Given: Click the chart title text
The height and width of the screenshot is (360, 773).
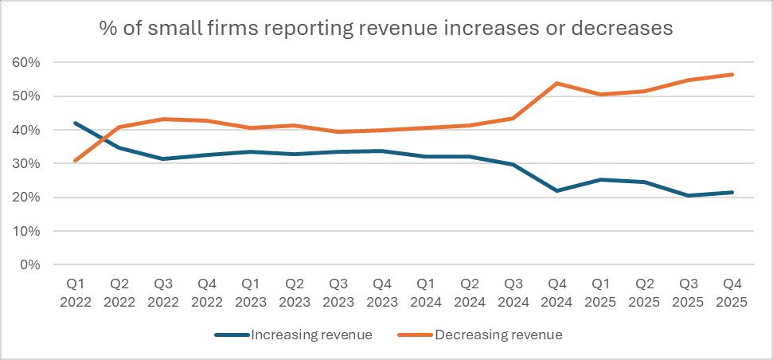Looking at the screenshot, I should coord(386,29).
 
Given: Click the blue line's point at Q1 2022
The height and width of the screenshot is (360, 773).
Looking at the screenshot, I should coord(76,123).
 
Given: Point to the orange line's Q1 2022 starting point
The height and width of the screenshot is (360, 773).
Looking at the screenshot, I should coord(76,160).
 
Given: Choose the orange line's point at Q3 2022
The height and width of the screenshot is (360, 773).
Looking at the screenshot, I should coord(162,119).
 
